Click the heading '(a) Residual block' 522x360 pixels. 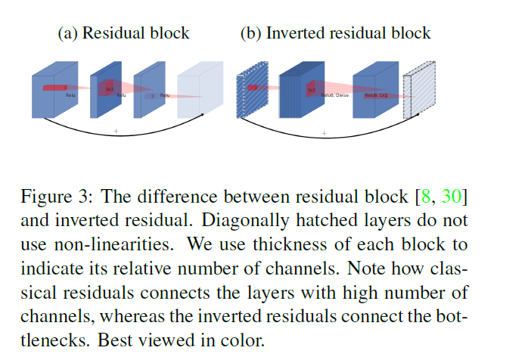[x=124, y=33]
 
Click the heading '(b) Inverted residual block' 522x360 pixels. [x=335, y=33]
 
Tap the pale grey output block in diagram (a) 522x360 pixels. [x=200, y=95]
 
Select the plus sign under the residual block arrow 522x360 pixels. [x=116, y=132]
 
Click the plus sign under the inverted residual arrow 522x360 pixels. [x=324, y=134]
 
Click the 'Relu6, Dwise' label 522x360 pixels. [x=333, y=96]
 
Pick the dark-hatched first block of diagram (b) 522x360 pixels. [x=247, y=94]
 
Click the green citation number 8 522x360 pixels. [x=426, y=198]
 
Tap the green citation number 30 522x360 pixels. [x=450, y=198]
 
